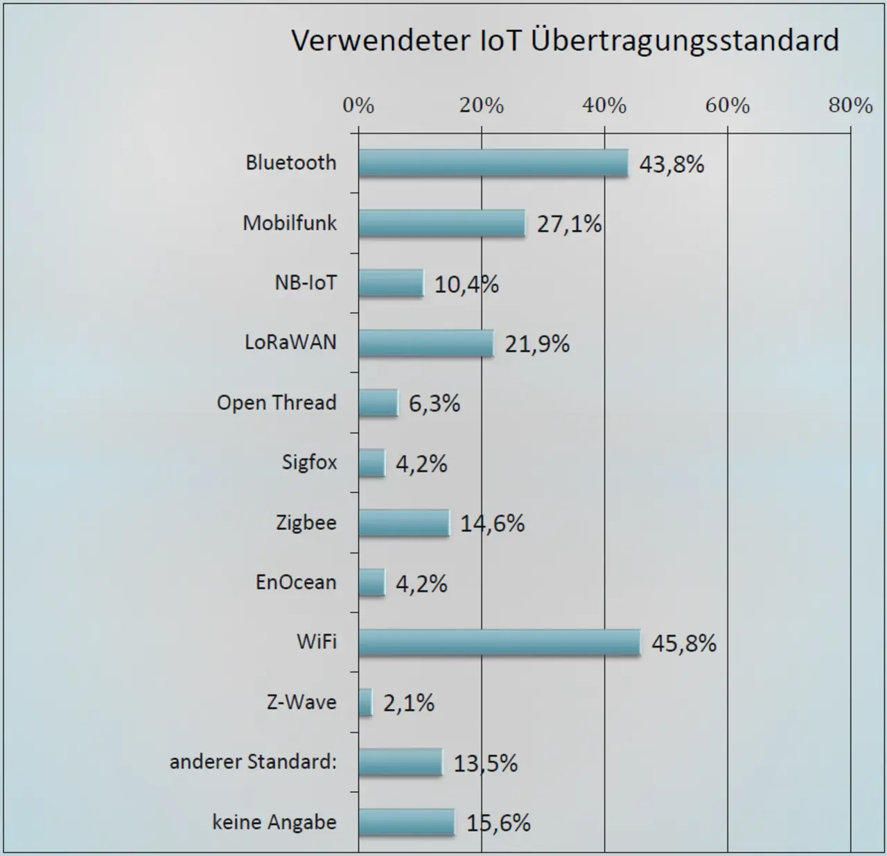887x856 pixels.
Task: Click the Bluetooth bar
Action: (493, 163)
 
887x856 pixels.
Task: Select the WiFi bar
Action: (499, 643)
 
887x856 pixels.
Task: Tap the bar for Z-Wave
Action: (365, 702)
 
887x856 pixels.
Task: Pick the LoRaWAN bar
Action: (425, 344)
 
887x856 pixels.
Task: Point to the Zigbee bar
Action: (403, 523)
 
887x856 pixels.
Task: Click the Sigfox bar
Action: (371, 463)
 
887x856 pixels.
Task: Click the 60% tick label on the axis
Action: (728, 105)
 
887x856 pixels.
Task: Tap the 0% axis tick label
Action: (358, 105)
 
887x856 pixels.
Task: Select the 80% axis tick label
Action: (850, 105)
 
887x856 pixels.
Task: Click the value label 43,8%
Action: (671, 165)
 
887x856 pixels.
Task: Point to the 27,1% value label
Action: (569, 224)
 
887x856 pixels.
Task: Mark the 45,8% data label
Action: (683, 644)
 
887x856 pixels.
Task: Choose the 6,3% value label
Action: (434, 404)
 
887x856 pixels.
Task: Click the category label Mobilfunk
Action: (290, 223)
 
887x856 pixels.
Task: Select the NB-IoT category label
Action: (306, 283)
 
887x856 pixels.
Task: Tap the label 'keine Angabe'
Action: (274, 822)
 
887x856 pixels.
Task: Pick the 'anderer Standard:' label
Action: (253, 762)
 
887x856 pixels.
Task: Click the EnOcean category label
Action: (296, 582)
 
